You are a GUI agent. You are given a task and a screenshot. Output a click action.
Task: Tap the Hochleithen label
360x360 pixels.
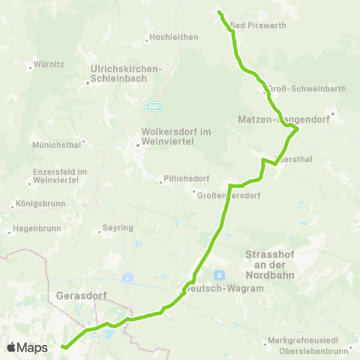[173, 37]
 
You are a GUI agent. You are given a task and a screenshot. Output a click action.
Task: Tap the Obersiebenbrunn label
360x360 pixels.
[311, 351]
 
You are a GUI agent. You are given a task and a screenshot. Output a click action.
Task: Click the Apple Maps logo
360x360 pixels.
[27, 347]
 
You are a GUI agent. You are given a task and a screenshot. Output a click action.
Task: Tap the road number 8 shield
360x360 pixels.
[219, 274]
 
